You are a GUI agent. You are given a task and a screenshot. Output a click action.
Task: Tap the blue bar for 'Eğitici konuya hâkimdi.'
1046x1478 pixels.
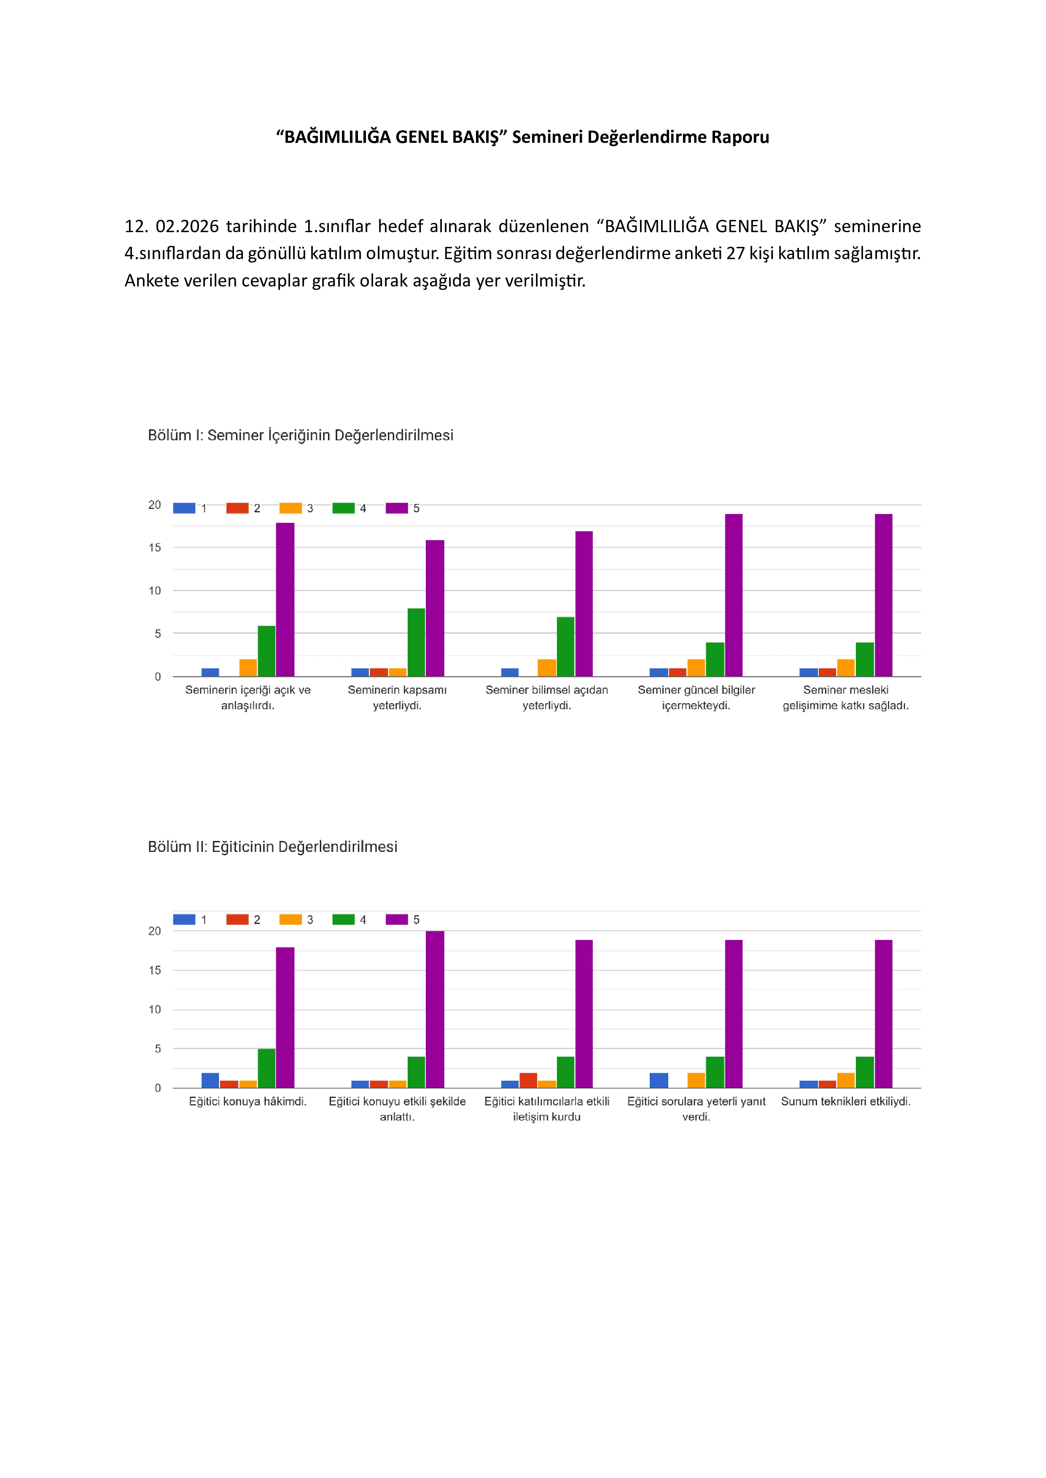coord(210,1080)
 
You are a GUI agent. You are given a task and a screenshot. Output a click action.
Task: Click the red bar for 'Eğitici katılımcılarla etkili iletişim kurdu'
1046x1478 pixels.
coord(528,1080)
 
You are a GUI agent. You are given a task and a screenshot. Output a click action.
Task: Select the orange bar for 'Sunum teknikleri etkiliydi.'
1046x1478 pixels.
coord(846,1080)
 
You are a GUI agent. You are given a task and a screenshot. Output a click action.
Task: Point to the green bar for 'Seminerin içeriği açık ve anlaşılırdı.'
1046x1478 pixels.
coord(266,651)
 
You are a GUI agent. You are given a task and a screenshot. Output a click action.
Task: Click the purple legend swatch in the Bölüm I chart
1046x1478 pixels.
coord(397,508)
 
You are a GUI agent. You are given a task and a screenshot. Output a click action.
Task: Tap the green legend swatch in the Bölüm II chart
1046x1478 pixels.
coord(343,919)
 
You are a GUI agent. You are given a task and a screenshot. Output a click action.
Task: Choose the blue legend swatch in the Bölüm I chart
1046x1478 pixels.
coord(184,508)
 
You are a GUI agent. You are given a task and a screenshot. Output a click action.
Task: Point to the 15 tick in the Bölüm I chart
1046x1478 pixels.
coord(155,548)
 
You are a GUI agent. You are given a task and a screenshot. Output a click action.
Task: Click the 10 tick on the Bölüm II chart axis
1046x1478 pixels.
coord(155,1009)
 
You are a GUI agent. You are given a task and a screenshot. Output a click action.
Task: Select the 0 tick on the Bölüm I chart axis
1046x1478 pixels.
coord(157,677)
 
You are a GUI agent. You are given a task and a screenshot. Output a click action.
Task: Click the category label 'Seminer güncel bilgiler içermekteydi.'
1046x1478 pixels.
coord(696,697)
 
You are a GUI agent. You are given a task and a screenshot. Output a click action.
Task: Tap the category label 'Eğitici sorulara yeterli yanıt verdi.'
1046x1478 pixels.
coord(696,1108)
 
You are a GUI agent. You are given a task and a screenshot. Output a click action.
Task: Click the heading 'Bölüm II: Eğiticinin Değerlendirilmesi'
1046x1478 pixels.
coord(272,846)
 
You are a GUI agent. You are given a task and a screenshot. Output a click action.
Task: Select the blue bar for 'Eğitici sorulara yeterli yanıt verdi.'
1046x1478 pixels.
coord(659,1080)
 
